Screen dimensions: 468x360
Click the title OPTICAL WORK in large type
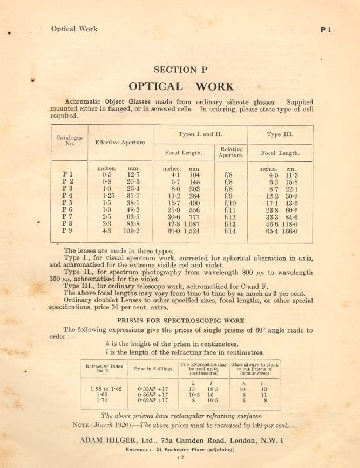click(x=181, y=86)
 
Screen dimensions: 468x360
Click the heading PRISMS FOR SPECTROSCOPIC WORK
click(x=180, y=318)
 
